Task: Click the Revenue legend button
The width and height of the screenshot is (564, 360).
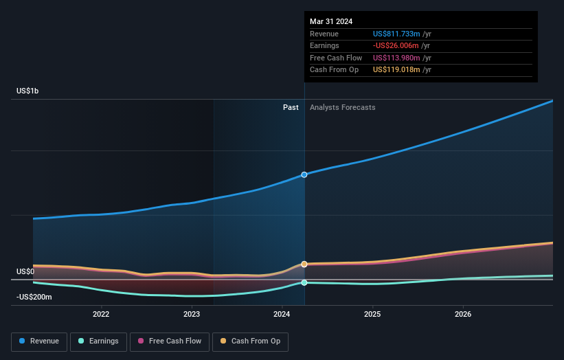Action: (38, 341)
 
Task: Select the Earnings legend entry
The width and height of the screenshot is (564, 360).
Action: (98, 341)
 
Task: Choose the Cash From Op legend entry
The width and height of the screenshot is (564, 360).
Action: (249, 341)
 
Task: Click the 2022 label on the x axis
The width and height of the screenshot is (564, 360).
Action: (101, 314)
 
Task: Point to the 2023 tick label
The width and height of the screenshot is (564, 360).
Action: (192, 314)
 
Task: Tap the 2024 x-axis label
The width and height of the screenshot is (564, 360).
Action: (282, 314)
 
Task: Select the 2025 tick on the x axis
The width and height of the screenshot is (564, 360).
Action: (372, 314)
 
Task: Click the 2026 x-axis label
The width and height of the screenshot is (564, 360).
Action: (463, 314)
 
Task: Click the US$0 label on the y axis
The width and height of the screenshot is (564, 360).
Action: (26, 271)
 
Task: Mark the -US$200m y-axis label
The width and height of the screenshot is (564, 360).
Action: (36, 297)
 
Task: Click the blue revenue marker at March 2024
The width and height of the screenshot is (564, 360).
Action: (304, 175)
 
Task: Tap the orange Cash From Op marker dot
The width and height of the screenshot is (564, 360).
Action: (304, 264)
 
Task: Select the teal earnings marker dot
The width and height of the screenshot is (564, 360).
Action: (304, 282)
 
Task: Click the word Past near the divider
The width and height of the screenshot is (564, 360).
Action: (291, 107)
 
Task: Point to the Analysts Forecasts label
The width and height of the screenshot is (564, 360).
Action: (342, 107)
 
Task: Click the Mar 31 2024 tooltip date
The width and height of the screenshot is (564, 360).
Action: (331, 21)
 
